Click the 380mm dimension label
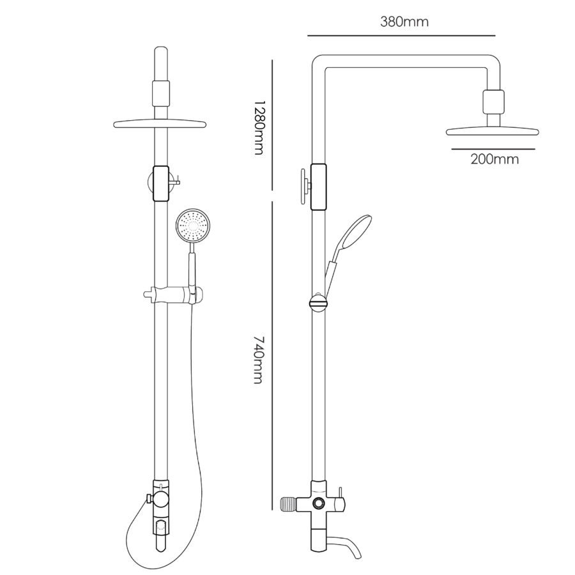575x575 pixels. coord(404,22)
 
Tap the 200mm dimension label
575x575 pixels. coord(494,160)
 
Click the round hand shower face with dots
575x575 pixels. coord(192,225)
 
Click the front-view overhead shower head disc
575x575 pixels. coord(160,124)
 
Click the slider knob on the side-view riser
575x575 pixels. coord(318,302)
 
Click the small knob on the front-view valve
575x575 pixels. coord(148,498)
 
